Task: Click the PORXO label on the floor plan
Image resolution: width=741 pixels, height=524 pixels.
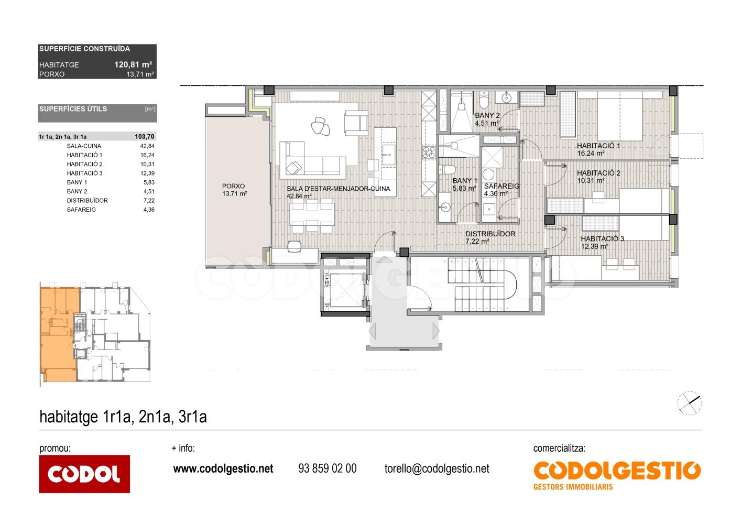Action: pos(233,186)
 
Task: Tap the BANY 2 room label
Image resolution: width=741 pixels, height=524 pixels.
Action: pos(487,115)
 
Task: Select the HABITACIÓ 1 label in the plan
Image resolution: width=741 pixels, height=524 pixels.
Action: pos(598,146)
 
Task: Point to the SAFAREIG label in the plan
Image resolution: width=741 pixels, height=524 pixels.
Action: pos(502,186)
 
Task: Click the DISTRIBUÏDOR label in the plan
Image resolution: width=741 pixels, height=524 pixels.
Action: pos(491,234)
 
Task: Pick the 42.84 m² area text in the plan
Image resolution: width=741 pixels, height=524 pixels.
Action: pos(299,196)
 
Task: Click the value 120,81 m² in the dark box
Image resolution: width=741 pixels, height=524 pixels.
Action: pos(133,64)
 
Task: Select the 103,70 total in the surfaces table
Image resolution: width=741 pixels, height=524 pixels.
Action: pos(145,137)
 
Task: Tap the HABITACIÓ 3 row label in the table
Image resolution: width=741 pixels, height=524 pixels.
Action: pos(85,173)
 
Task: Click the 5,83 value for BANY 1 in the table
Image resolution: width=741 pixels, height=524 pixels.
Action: pos(149,182)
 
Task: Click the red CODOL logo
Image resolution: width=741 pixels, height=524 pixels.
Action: pos(84,474)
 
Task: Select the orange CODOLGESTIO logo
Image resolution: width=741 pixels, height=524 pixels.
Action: pos(617,475)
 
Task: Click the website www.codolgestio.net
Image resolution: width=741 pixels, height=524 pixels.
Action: pos(223,468)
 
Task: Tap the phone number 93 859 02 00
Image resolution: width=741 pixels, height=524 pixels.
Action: pos(328,468)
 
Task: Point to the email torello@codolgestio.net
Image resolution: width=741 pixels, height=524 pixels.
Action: pos(437,468)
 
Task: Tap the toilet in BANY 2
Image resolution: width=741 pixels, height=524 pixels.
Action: pos(484,100)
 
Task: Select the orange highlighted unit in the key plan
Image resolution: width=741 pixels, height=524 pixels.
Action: pos(59,334)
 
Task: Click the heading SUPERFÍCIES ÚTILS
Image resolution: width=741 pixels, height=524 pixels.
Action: pos(73,109)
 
